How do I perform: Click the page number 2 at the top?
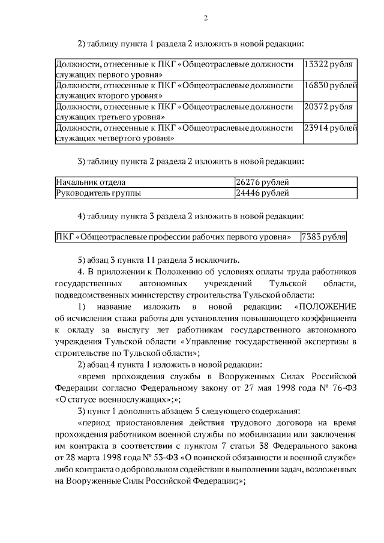click(205, 17)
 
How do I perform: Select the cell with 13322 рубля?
click(328, 63)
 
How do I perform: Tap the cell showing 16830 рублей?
click(331, 85)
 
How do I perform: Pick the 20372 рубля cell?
click(328, 106)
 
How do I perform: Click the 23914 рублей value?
click(331, 128)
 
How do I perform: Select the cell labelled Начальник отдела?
click(91, 182)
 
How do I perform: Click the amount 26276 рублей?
click(263, 182)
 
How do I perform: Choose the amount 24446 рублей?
click(263, 193)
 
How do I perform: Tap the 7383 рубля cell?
click(324, 236)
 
